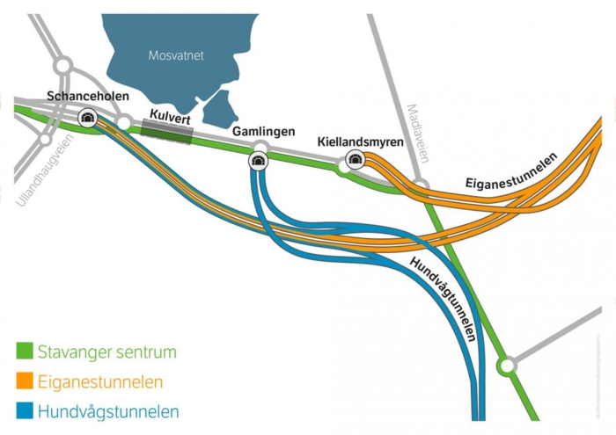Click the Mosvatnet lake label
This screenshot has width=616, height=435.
176,55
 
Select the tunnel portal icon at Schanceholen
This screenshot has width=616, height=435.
88,118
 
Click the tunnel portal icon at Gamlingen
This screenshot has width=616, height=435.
259,160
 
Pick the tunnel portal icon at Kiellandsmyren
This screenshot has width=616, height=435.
356,158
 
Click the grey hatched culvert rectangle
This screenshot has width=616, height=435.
166,131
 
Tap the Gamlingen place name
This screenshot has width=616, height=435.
260,131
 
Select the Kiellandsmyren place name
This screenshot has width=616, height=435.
360,141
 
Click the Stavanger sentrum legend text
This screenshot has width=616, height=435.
106,352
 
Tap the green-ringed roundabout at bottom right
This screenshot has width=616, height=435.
506,364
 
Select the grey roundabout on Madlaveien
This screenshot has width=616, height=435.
422,186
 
